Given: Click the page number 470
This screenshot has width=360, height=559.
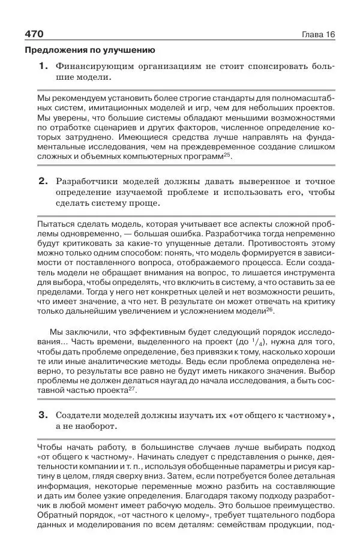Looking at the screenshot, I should coord(34,34).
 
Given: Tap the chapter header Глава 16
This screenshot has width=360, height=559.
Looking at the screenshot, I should coord(318,34).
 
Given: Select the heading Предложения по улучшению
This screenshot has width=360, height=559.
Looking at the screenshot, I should coord(89,50).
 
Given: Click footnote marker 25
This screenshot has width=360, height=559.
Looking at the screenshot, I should coord(227,155).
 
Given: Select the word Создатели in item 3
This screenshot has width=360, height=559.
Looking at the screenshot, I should coord(80,414).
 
